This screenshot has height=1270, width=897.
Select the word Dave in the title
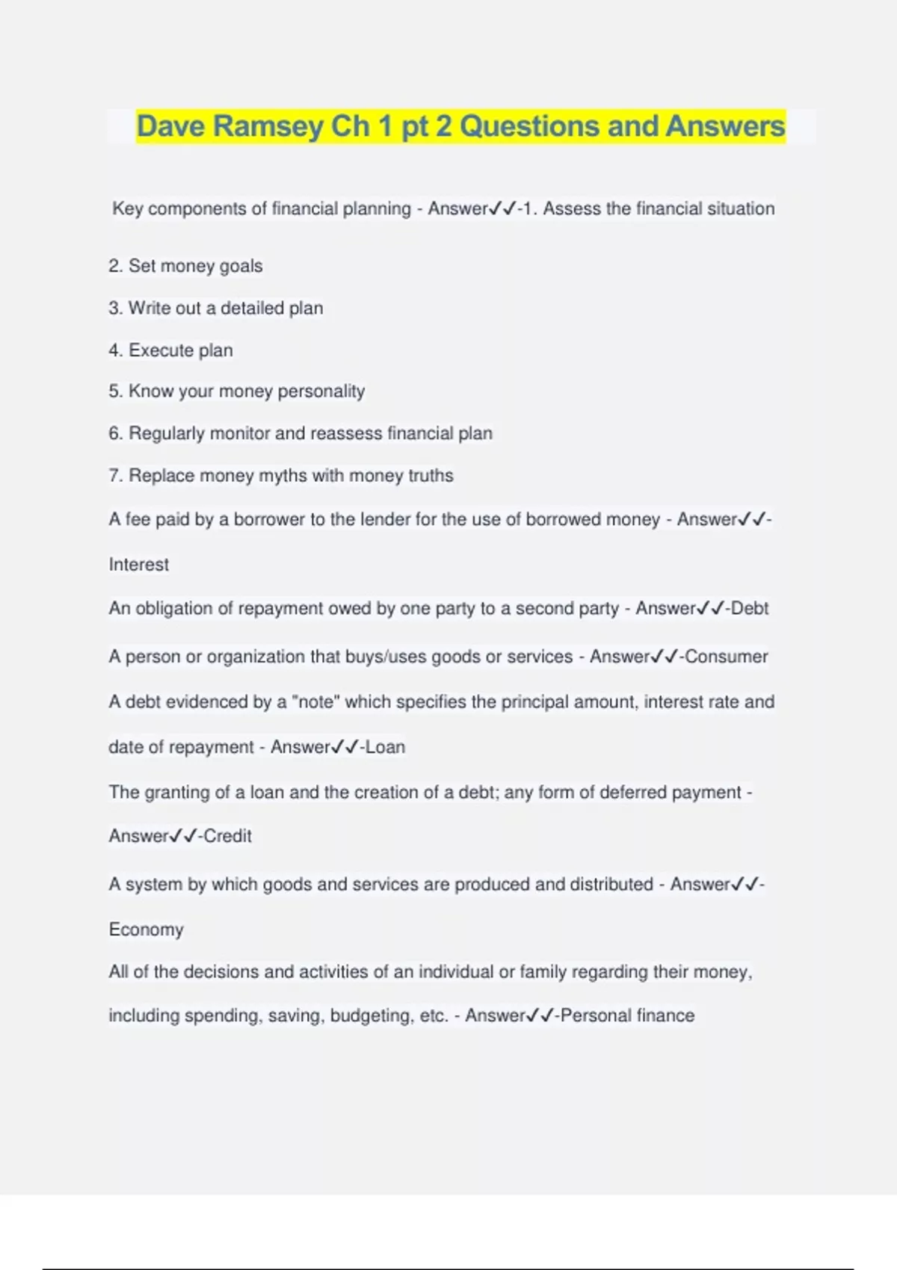(x=171, y=126)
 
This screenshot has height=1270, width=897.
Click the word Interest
(x=139, y=565)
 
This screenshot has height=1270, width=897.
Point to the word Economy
(x=147, y=929)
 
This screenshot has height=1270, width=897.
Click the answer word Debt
(x=750, y=609)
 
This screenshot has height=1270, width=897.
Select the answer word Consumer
(x=727, y=657)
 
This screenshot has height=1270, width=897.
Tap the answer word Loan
(x=386, y=747)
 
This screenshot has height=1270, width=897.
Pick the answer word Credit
(x=228, y=836)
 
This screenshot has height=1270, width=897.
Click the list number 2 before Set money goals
(x=114, y=266)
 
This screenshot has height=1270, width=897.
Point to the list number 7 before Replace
(x=114, y=476)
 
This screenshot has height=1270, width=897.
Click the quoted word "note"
(x=316, y=702)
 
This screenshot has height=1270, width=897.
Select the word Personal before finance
(x=595, y=1016)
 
